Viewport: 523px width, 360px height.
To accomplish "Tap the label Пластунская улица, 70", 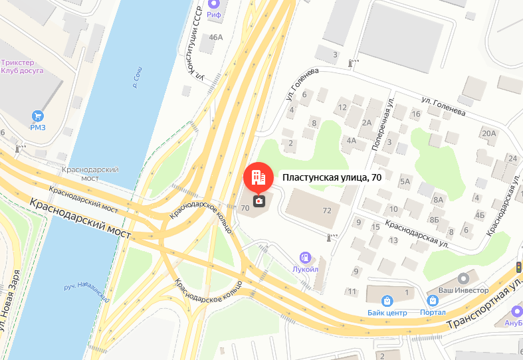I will [332, 177].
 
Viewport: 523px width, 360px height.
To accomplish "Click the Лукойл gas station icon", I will [306, 257].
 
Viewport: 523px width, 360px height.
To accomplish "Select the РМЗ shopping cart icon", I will [37, 116].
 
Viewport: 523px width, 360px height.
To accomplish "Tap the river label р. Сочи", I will [136, 78].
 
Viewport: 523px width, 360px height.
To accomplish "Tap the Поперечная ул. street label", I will [383, 124].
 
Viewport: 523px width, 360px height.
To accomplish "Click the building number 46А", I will [216, 37].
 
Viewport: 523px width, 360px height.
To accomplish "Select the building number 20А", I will [489, 134].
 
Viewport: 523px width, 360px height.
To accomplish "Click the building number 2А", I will [366, 122].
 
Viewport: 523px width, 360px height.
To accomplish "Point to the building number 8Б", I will [434, 219].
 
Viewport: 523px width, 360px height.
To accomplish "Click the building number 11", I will [352, 292].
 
